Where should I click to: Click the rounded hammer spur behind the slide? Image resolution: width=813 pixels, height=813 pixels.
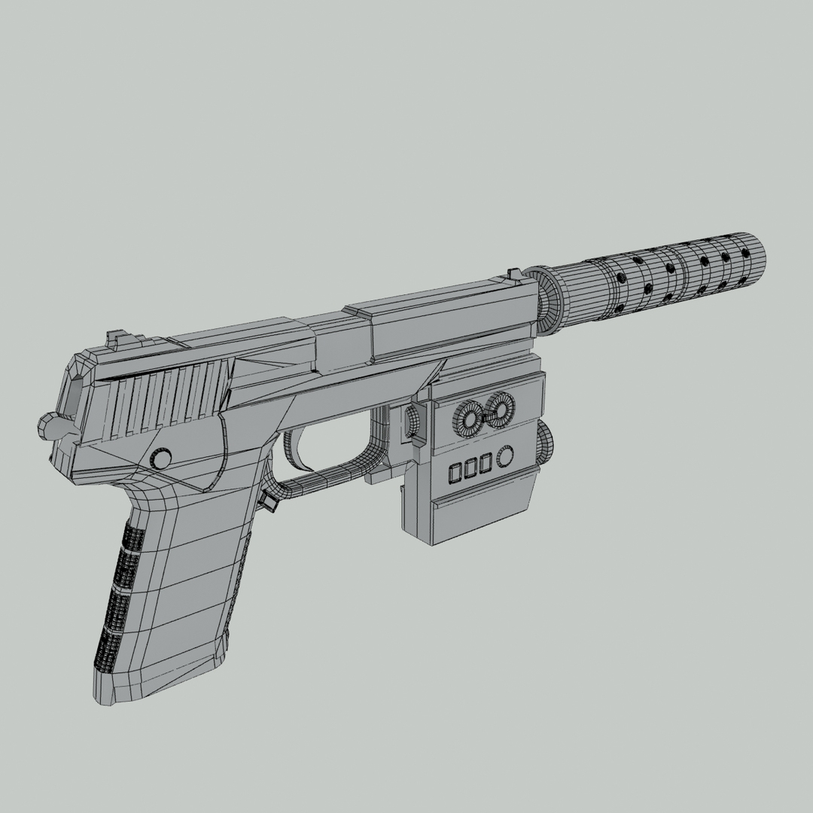point(47,427)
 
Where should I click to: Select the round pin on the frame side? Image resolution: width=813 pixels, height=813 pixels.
point(160,458)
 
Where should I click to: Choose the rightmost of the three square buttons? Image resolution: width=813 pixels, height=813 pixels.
point(486,464)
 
